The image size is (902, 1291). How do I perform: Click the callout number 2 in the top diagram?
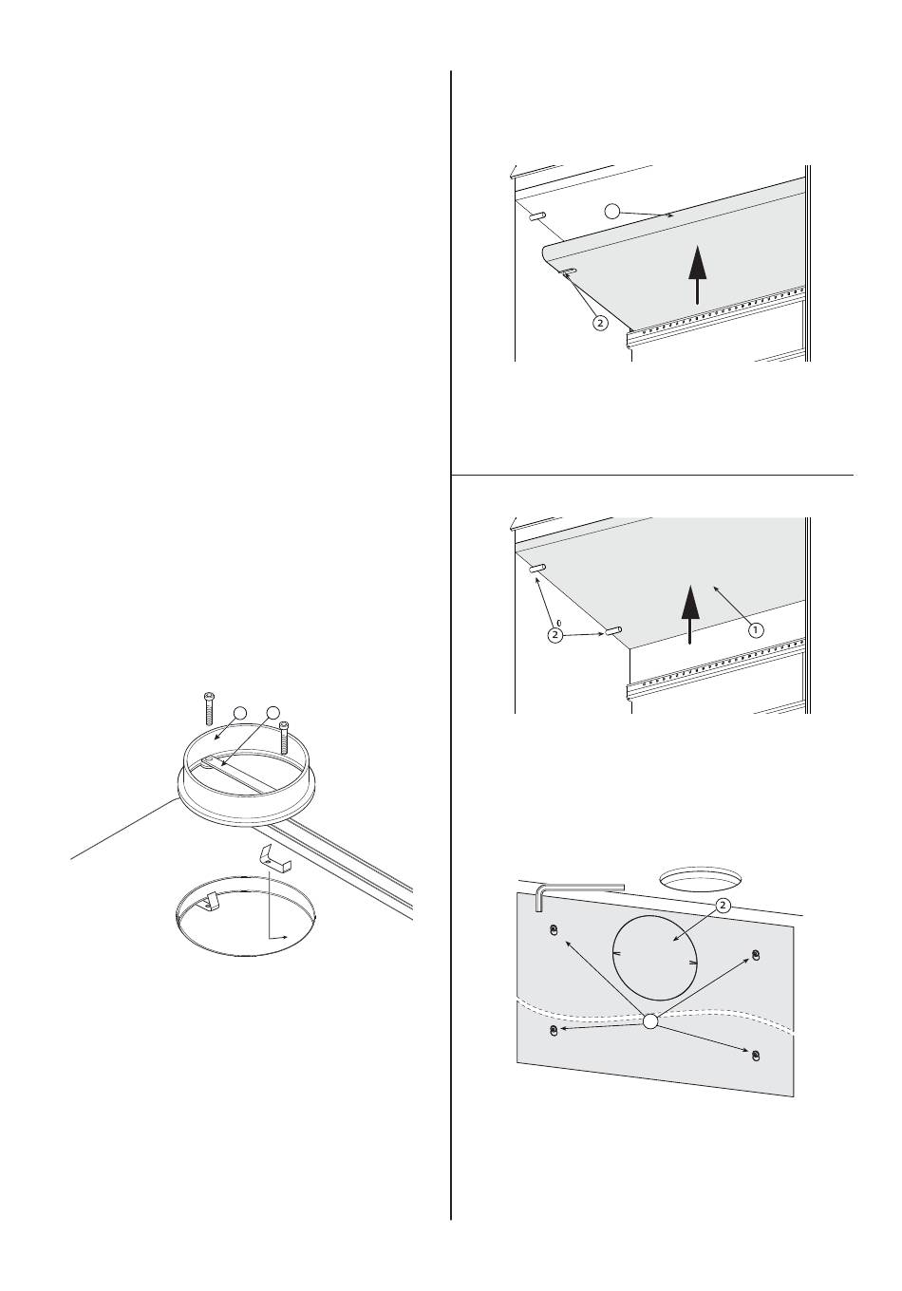pyautogui.click(x=600, y=323)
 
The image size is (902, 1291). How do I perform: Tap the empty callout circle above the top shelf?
pyautogui.click(x=612, y=211)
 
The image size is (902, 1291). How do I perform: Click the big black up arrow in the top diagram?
pyautogui.click(x=698, y=274)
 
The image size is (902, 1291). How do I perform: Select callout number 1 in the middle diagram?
pyautogui.click(x=756, y=630)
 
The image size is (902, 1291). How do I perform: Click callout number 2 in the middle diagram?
pyautogui.click(x=554, y=635)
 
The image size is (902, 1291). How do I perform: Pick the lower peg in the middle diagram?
pyautogui.click(x=611, y=630)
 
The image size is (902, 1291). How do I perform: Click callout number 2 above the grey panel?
pyautogui.click(x=723, y=906)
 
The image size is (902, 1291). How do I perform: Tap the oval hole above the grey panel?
pyautogui.click(x=701, y=878)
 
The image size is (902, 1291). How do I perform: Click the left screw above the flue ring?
pyautogui.click(x=209, y=708)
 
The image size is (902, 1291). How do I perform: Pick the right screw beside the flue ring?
pyautogui.click(x=283, y=738)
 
